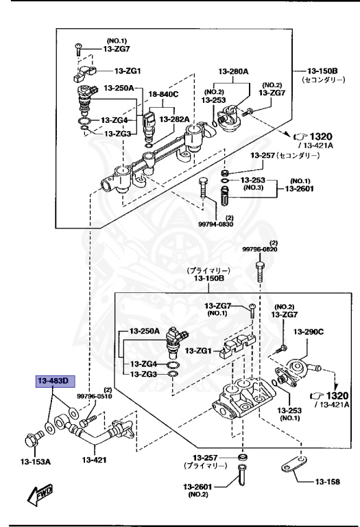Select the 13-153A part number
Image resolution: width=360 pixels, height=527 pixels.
pyautogui.click(x=29, y=462)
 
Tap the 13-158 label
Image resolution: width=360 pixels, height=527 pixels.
pyautogui.click(x=328, y=482)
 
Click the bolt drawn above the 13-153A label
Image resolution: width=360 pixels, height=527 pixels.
pyautogui.click(x=32, y=437)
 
